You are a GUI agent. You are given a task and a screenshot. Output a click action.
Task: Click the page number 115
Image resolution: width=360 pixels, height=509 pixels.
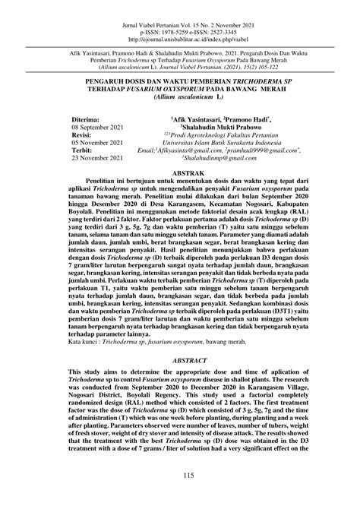click(180, 476)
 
